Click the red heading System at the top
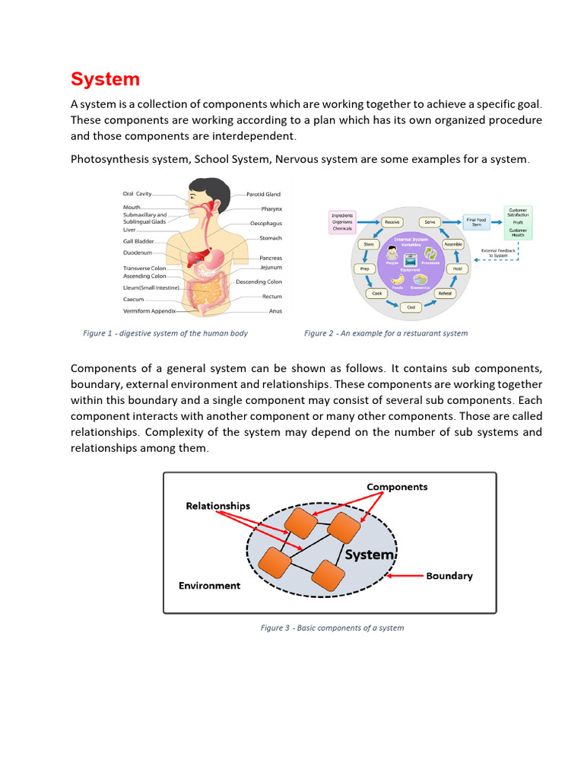pyautogui.click(x=105, y=79)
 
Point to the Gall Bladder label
pyautogui.click(x=138, y=241)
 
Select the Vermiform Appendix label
pyautogui.click(x=150, y=311)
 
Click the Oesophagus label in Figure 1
pyautogui.click(x=266, y=224)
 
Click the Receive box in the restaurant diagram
pyautogui.click(x=392, y=221)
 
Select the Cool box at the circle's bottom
pyautogui.click(x=411, y=307)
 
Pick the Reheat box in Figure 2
pyautogui.click(x=445, y=293)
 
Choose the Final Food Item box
pyautogui.click(x=476, y=221)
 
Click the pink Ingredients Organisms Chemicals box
pyautogui.click(x=342, y=221)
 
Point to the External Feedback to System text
pyautogui.click(x=499, y=253)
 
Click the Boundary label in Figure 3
pyautogui.click(x=449, y=576)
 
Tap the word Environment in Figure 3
pyautogui.click(x=209, y=586)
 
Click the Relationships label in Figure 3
pyautogui.click(x=217, y=506)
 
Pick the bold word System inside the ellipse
pyautogui.click(x=369, y=555)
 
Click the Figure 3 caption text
pyautogui.click(x=332, y=628)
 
